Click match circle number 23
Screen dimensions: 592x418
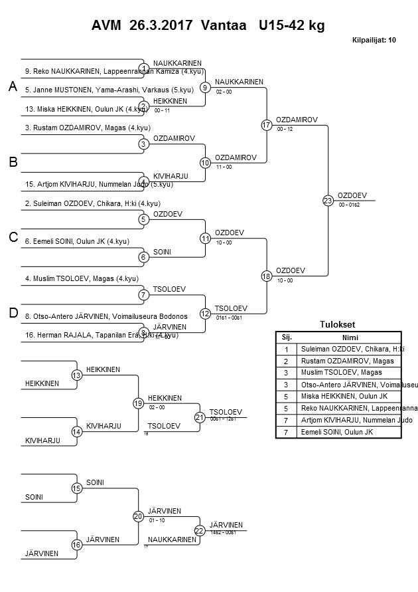[x=328, y=201]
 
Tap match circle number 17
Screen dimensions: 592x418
[x=266, y=125]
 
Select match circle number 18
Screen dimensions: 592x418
[x=266, y=276]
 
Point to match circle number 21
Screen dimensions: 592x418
[x=199, y=417]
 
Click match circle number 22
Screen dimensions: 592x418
[x=199, y=530]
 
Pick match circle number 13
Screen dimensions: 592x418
[x=76, y=375]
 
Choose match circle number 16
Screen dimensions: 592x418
[x=76, y=545]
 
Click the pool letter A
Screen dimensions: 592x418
[x=12, y=87]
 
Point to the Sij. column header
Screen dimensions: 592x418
[x=287, y=337]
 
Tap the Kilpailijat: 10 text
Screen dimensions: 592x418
[x=374, y=40]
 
